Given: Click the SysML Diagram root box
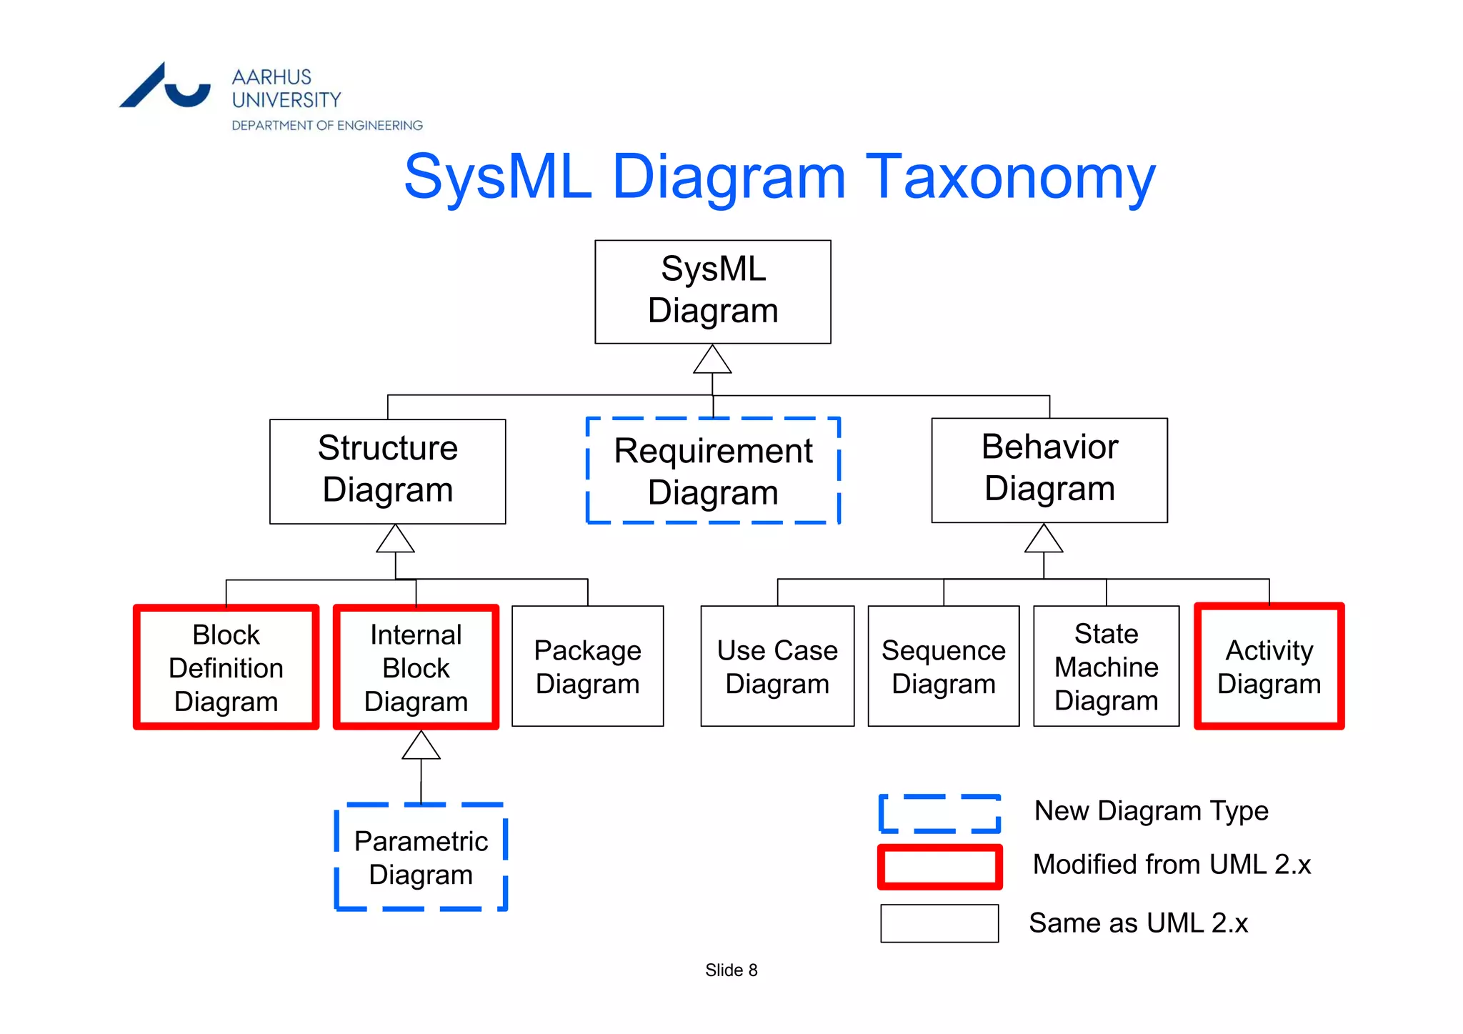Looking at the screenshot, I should coord(712,292).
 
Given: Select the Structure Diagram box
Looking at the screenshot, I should coord(387,471).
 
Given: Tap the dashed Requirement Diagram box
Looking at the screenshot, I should coord(713,471).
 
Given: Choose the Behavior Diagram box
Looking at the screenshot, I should coord(1049,469).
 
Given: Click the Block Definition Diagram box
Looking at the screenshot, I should coord(226,667).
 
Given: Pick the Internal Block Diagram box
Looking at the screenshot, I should coord(416,667).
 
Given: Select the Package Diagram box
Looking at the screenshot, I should coord(587,666).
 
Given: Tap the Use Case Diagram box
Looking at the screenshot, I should coord(777,666).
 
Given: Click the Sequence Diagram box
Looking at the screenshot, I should coord(943,666).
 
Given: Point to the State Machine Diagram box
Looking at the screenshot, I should coord(1106,666).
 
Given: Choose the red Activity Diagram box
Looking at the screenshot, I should coord(1269,666).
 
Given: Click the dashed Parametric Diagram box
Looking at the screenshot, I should coord(421,857).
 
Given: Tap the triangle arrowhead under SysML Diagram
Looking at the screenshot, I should coord(712,361).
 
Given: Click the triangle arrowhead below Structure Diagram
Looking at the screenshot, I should coord(395,540).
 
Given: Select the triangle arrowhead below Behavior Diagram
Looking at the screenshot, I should coord(1044,540).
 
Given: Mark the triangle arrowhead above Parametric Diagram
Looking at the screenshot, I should coord(421,747).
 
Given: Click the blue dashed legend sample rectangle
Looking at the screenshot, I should coord(939,813).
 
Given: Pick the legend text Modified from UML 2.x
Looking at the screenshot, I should coord(1172,865).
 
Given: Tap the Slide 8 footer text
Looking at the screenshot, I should coord(731,970).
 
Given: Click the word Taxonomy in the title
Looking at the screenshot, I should coord(1010,177).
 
